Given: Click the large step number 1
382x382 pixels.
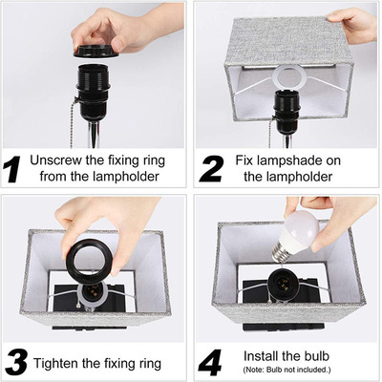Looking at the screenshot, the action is (x=12, y=169).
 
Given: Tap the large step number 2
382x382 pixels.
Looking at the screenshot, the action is (x=211, y=169).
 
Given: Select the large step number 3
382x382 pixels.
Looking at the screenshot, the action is (x=16, y=363).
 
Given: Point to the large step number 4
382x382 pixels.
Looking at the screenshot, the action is (x=210, y=363).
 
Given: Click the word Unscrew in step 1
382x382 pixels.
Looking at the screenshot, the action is (x=55, y=160).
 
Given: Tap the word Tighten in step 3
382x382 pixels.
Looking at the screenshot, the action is (x=56, y=364).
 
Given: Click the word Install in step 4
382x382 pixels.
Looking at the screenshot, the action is (x=258, y=356).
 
